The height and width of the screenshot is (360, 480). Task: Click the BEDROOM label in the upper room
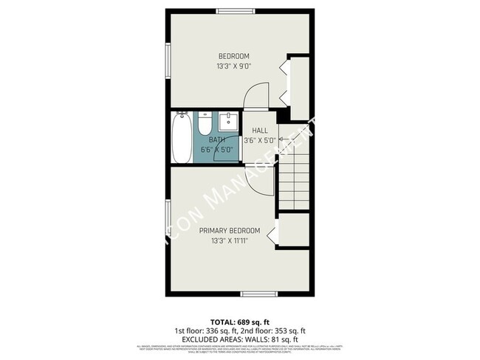click(x=233, y=56)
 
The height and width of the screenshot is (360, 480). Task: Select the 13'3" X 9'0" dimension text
click(x=233, y=66)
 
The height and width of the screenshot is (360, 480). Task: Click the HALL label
click(x=259, y=130)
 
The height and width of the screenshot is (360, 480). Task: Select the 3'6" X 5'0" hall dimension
click(x=259, y=139)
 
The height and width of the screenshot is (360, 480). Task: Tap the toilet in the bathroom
click(x=205, y=123)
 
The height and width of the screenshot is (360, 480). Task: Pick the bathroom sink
click(x=229, y=121)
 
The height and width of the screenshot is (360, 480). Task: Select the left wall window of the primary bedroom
click(x=167, y=221)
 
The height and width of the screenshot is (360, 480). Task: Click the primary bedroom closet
click(x=293, y=232)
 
